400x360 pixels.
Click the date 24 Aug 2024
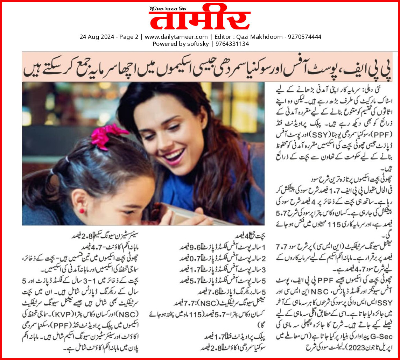point(94,37)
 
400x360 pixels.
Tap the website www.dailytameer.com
point(176,37)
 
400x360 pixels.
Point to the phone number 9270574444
point(304,37)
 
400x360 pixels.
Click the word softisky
point(197,44)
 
